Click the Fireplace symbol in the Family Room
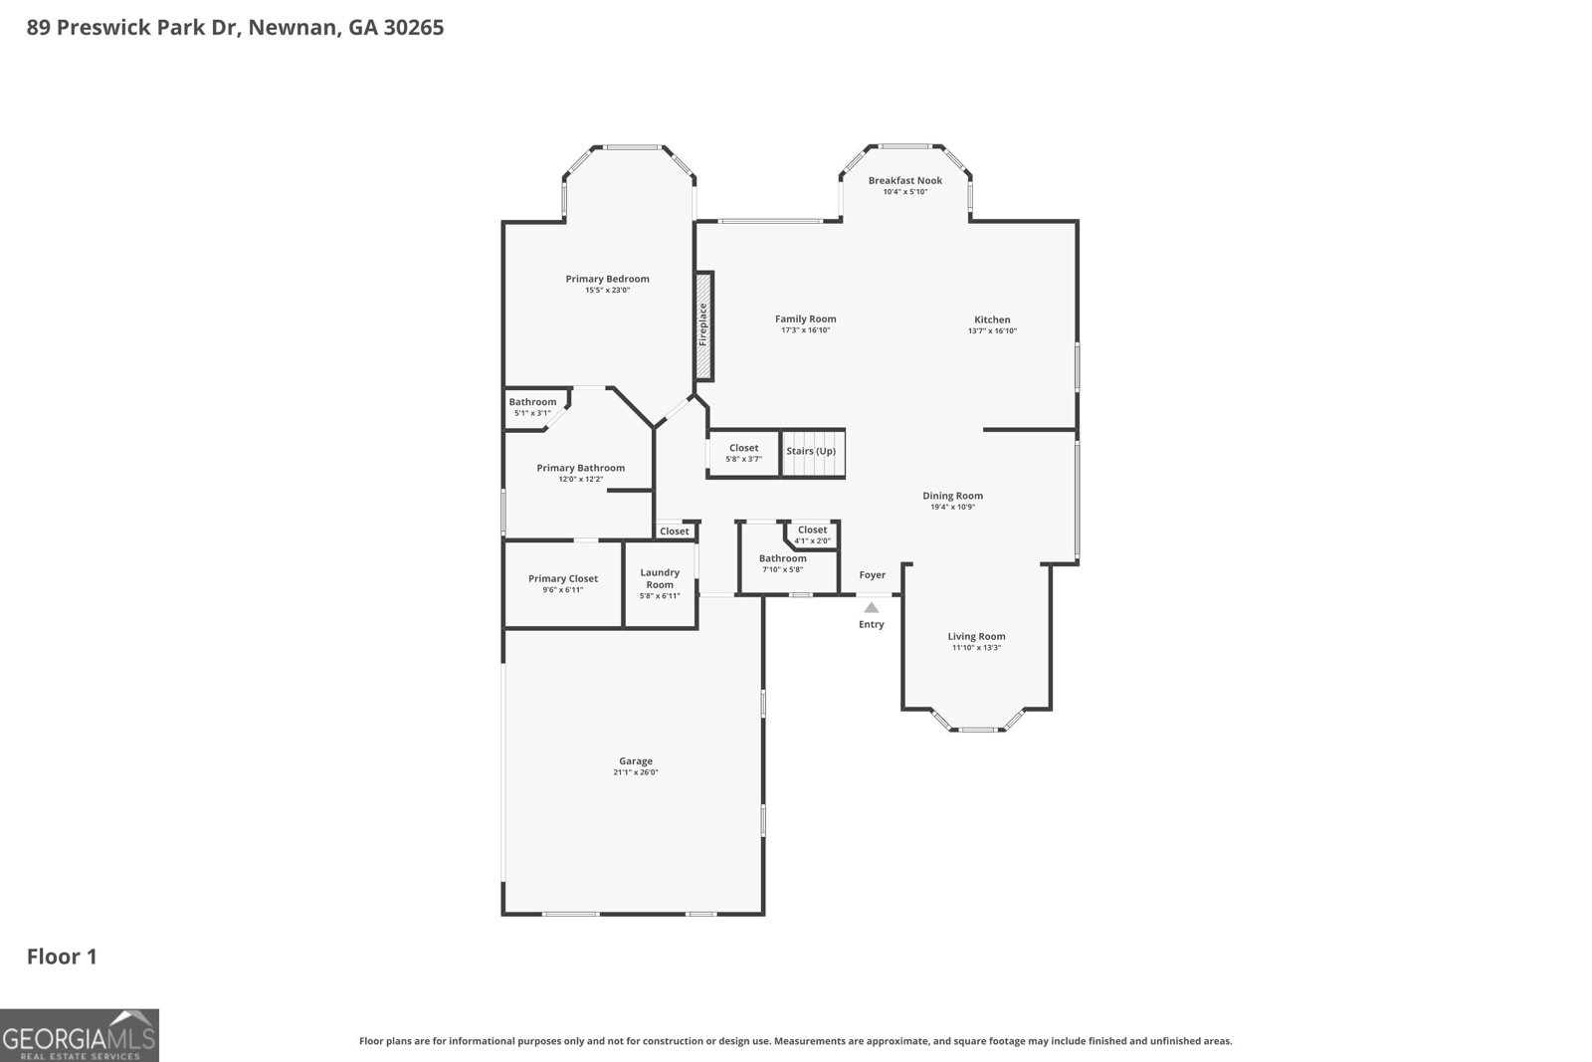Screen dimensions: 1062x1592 point(703,325)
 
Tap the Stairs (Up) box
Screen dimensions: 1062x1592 point(812,452)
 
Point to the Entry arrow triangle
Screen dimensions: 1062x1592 point(871,607)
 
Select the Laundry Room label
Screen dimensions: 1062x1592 point(660,578)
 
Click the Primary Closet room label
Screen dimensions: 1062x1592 point(563,578)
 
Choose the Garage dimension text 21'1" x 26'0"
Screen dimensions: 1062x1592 point(636,772)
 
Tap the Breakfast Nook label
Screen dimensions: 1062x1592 point(904,180)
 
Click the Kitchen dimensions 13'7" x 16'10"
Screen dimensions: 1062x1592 point(992,331)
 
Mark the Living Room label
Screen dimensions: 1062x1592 point(976,636)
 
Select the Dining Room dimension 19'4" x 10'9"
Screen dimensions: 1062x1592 point(952,507)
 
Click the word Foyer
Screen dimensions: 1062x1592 point(872,574)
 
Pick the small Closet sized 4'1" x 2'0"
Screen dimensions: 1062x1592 point(812,534)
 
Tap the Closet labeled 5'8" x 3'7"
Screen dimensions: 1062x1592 point(743,453)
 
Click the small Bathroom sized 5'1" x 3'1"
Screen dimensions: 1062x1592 point(532,407)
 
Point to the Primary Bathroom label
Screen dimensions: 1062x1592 point(580,468)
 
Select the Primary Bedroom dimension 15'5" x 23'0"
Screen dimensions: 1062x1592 point(607,290)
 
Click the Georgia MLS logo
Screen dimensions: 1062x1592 point(80,1035)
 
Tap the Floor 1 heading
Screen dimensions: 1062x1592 point(62,956)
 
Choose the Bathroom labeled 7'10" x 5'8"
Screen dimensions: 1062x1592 point(782,563)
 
